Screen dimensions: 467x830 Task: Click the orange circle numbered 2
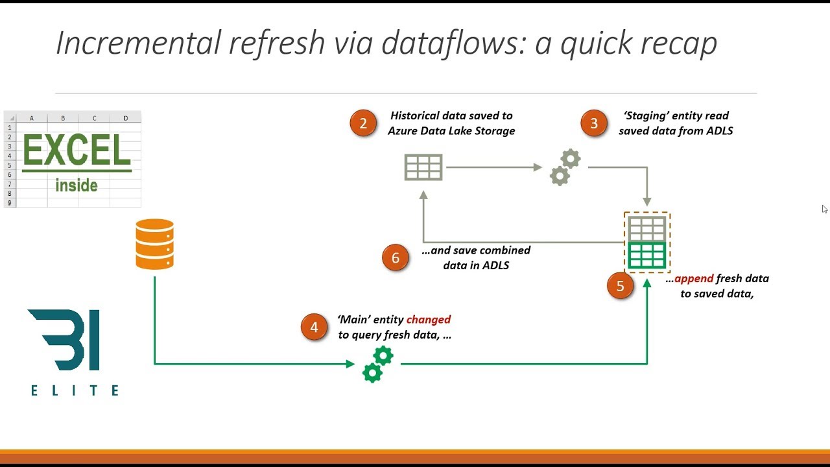pyautogui.click(x=363, y=123)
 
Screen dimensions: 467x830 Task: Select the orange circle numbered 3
pyautogui.click(x=594, y=123)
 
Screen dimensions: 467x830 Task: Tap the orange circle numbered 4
pyautogui.click(x=314, y=328)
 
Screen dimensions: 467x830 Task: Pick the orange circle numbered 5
pyautogui.click(x=620, y=286)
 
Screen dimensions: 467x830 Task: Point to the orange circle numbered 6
pyautogui.click(x=396, y=257)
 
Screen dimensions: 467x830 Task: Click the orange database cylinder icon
pyautogui.click(x=154, y=244)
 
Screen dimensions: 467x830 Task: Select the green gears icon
pyautogui.click(x=377, y=364)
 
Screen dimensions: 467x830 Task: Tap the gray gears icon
pyautogui.click(x=565, y=167)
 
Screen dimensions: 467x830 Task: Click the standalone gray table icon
pyautogui.click(x=423, y=167)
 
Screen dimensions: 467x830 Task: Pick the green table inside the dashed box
pyautogui.click(x=647, y=256)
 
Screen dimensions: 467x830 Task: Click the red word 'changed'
pyautogui.click(x=428, y=320)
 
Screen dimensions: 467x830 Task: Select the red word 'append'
pyautogui.click(x=694, y=279)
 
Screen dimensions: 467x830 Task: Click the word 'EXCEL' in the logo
pyautogui.click(x=77, y=150)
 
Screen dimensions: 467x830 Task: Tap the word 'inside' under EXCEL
pyautogui.click(x=77, y=186)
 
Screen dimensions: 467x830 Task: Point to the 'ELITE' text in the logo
pyautogui.click(x=75, y=390)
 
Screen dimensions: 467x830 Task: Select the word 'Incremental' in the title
pyautogui.click(x=137, y=43)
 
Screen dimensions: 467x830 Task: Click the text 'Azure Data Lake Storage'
pyautogui.click(x=451, y=131)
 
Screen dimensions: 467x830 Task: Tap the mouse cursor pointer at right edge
pyautogui.click(x=824, y=209)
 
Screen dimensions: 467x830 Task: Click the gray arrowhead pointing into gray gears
pyautogui.click(x=538, y=167)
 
